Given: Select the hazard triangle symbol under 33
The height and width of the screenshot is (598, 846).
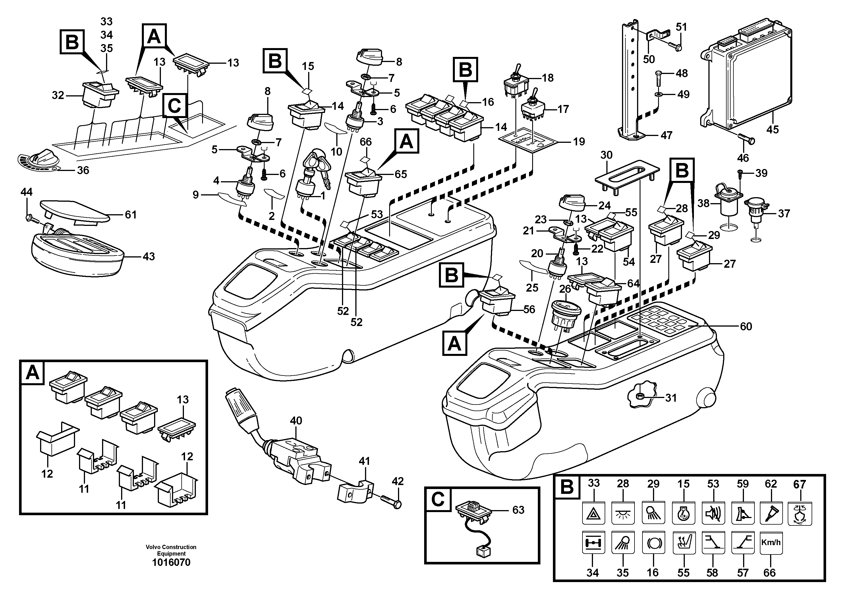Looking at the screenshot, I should [x=593, y=513].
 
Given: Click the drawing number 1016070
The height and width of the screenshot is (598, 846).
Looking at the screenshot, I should [x=171, y=563].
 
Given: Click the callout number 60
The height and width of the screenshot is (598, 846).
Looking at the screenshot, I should [x=746, y=326].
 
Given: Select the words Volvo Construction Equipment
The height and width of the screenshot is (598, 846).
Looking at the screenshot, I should [x=171, y=550].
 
